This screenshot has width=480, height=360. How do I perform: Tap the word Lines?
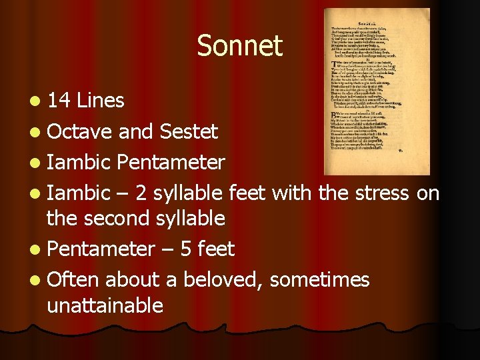tap(101, 101)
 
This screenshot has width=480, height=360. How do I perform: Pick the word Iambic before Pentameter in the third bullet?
tap(79, 162)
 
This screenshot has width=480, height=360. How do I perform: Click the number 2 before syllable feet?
tap(141, 193)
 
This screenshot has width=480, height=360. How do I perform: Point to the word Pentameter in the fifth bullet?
tap(101, 249)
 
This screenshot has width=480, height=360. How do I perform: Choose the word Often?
tap(73, 279)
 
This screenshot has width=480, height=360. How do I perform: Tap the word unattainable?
tap(105, 305)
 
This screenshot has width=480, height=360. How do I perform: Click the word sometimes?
tap(319, 279)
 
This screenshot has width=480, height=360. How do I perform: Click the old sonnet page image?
tap(377, 91)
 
